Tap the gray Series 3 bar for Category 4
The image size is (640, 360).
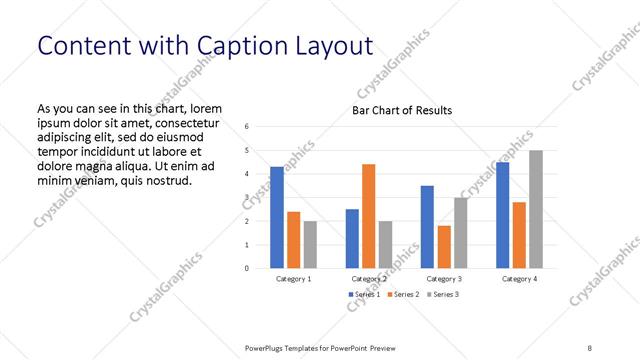pos(536,209)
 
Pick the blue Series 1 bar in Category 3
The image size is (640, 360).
pos(427,227)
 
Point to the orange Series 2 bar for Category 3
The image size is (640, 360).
pos(444,247)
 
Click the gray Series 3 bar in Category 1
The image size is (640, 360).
pos(310,244)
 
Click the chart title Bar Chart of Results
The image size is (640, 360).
pos(402,110)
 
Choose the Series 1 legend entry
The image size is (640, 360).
pos(365,295)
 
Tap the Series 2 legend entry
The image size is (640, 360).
pos(403,295)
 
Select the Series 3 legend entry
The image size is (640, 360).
pos(440,295)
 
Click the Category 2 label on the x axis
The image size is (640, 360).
pos(369,279)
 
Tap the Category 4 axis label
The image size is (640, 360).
pos(519,279)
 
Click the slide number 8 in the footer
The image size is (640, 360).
pos(589,348)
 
